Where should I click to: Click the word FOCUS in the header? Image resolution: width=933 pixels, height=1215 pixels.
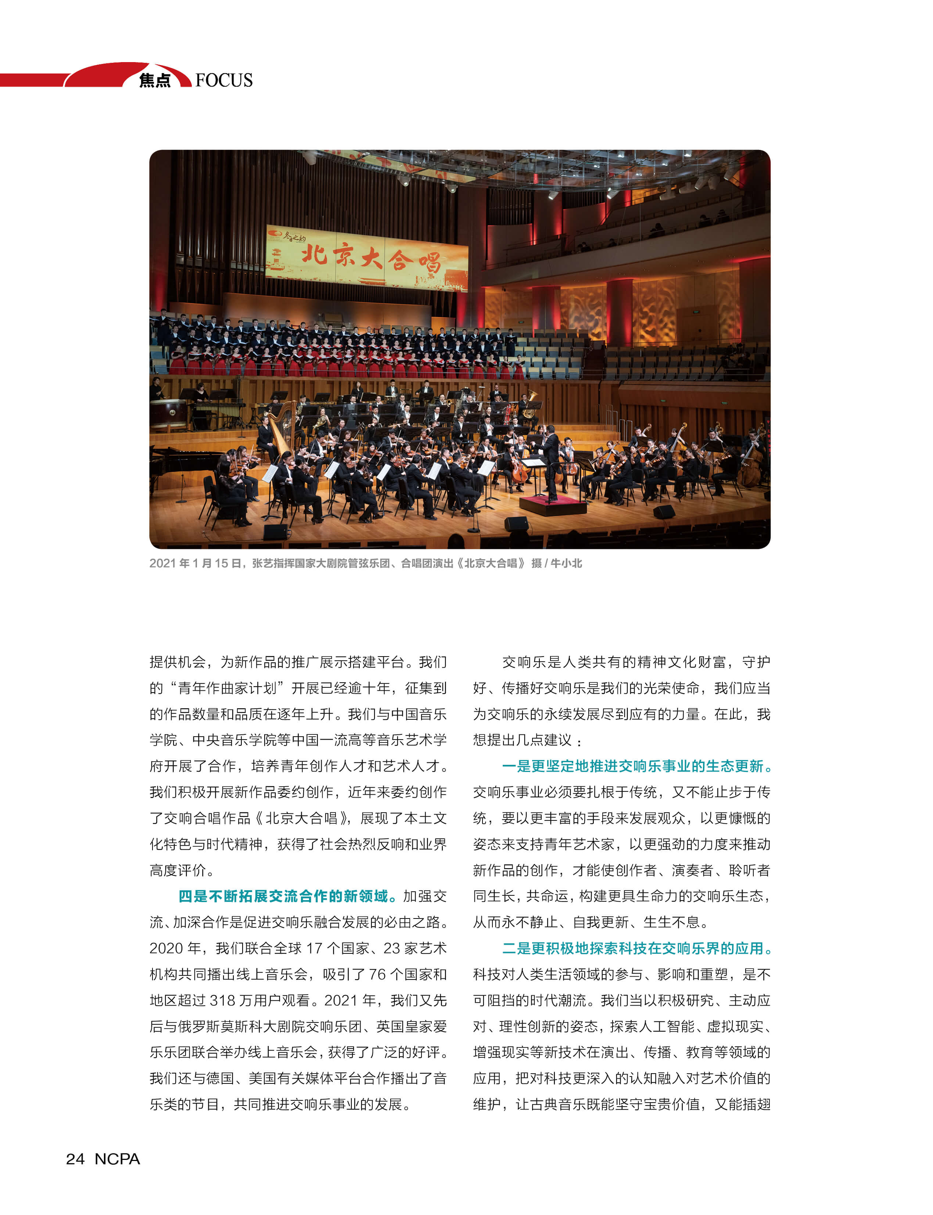(224, 80)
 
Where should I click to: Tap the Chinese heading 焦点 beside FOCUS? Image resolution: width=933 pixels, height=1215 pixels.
(155, 80)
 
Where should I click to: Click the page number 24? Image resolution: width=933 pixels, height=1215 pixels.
(75, 1158)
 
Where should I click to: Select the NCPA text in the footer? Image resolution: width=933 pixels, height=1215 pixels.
(117, 1158)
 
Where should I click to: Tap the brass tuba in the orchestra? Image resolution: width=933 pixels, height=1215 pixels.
(529, 404)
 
